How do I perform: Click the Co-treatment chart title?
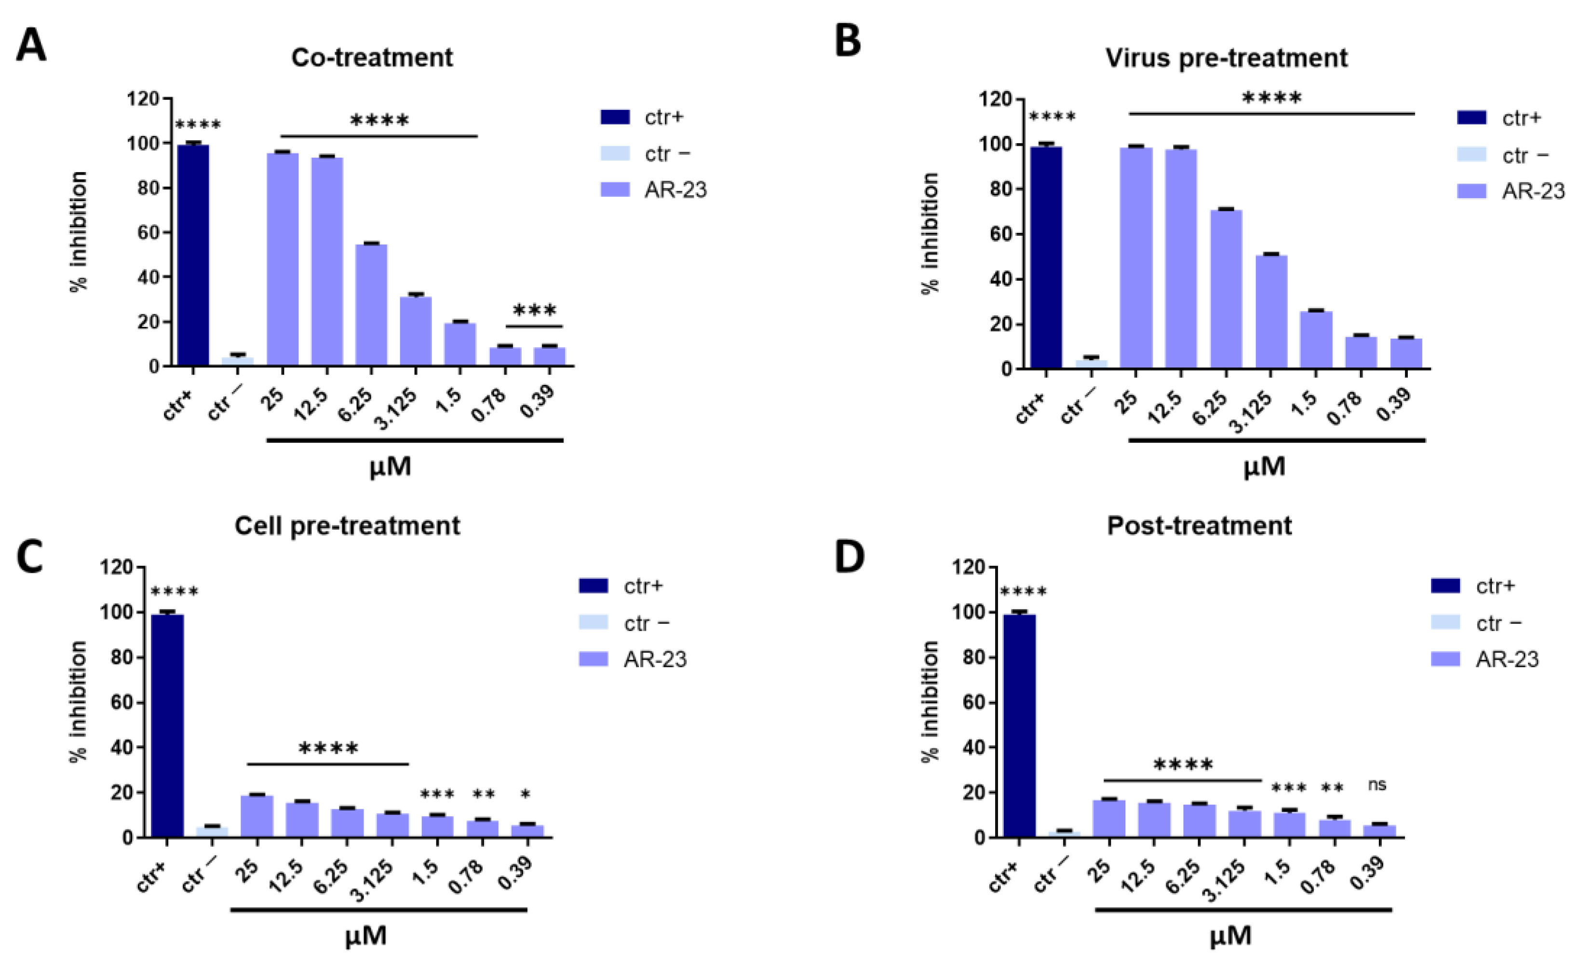(x=372, y=58)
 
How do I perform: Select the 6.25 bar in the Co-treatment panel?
(x=371, y=305)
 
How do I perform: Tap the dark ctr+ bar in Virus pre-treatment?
(x=1046, y=257)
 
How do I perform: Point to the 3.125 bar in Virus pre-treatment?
(x=1271, y=312)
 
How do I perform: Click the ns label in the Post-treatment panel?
(x=1377, y=784)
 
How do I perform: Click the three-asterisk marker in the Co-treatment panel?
(x=535, y=311)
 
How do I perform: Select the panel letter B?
(x=849, y=41)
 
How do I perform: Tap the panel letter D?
(x=850, y=557)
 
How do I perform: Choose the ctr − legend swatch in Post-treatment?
(x=1446, y=622)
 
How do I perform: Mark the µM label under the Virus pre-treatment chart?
(x=1264, y=466)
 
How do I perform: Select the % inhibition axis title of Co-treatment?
(x=78, y=231)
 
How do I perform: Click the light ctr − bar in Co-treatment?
(x=238, y=362)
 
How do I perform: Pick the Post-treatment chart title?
(x=1199, y=526)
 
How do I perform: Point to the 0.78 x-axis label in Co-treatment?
(x=488, y=405)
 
